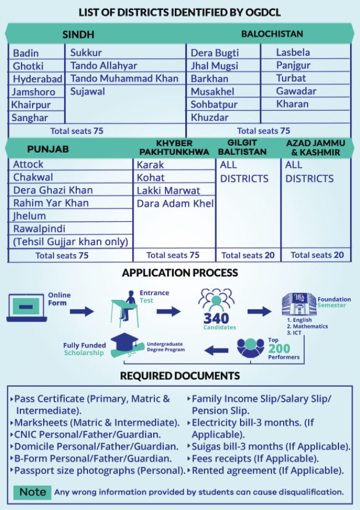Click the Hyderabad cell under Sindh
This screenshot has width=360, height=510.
click(38, 79)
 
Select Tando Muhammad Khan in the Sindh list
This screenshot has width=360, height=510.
click(124, 79)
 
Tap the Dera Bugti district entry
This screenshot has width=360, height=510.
click(215, 53)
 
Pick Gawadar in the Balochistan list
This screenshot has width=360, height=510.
click(296, 91)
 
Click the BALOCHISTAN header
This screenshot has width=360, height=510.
click(272, 34)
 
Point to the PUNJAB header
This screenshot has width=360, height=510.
click(48, 149)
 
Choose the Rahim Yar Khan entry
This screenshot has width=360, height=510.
click(50, 203)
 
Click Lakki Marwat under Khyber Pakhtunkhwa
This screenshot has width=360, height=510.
click(168, 191)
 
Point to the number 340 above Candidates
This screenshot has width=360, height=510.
click(216, 319)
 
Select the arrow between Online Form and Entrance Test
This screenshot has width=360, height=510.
click(82, 312)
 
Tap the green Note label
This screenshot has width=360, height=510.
click(33, 492)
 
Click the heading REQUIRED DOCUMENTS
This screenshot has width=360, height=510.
click(180, 376)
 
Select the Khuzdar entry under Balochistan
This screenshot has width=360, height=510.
click(210, 117)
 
